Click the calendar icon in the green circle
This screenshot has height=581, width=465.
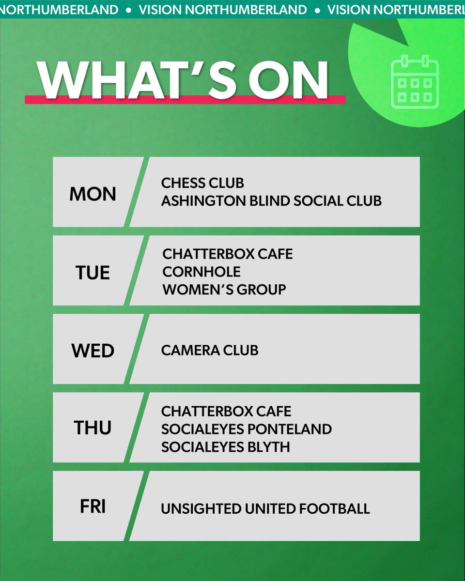415,81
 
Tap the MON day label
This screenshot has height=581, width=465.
93,194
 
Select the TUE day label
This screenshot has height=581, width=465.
93,273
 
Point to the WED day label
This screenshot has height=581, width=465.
93,351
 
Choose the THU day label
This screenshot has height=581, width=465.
93,428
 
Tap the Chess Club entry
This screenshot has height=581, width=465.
202,183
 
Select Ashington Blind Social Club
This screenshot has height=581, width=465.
271,200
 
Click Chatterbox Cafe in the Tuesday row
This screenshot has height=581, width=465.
228,254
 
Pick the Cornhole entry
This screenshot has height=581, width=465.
201,272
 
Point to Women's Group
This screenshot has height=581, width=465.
224,290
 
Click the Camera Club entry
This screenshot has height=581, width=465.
210,350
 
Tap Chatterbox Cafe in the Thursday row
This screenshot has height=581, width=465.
227,411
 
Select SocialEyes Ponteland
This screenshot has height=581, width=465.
247,429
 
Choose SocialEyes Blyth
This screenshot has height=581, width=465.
226,446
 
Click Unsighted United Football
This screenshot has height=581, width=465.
265,509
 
